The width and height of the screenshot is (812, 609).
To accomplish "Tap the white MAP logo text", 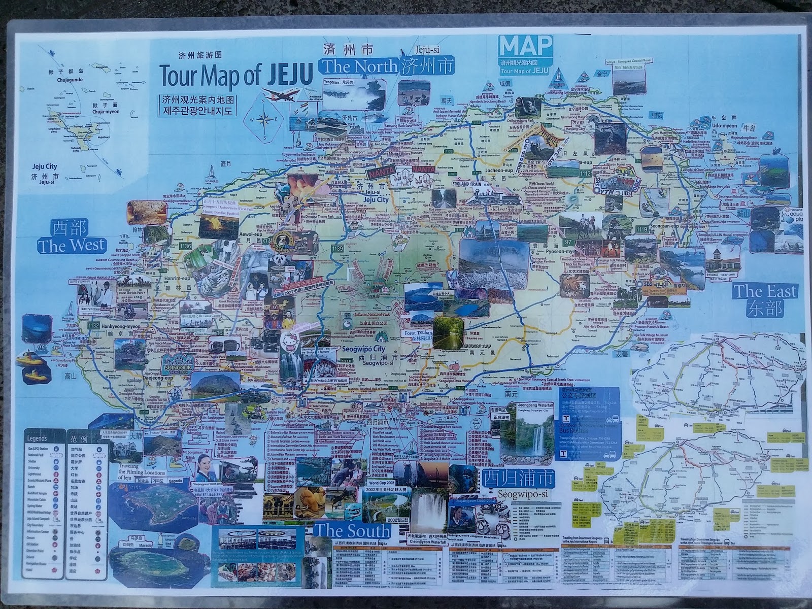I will coord(525,47).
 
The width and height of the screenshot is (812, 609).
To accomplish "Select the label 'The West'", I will coord(72,246).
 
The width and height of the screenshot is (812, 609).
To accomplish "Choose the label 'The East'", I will coord(765,291).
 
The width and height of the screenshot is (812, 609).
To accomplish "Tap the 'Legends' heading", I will coord(37,438).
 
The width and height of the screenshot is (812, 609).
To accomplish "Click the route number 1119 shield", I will coord(641,230).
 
